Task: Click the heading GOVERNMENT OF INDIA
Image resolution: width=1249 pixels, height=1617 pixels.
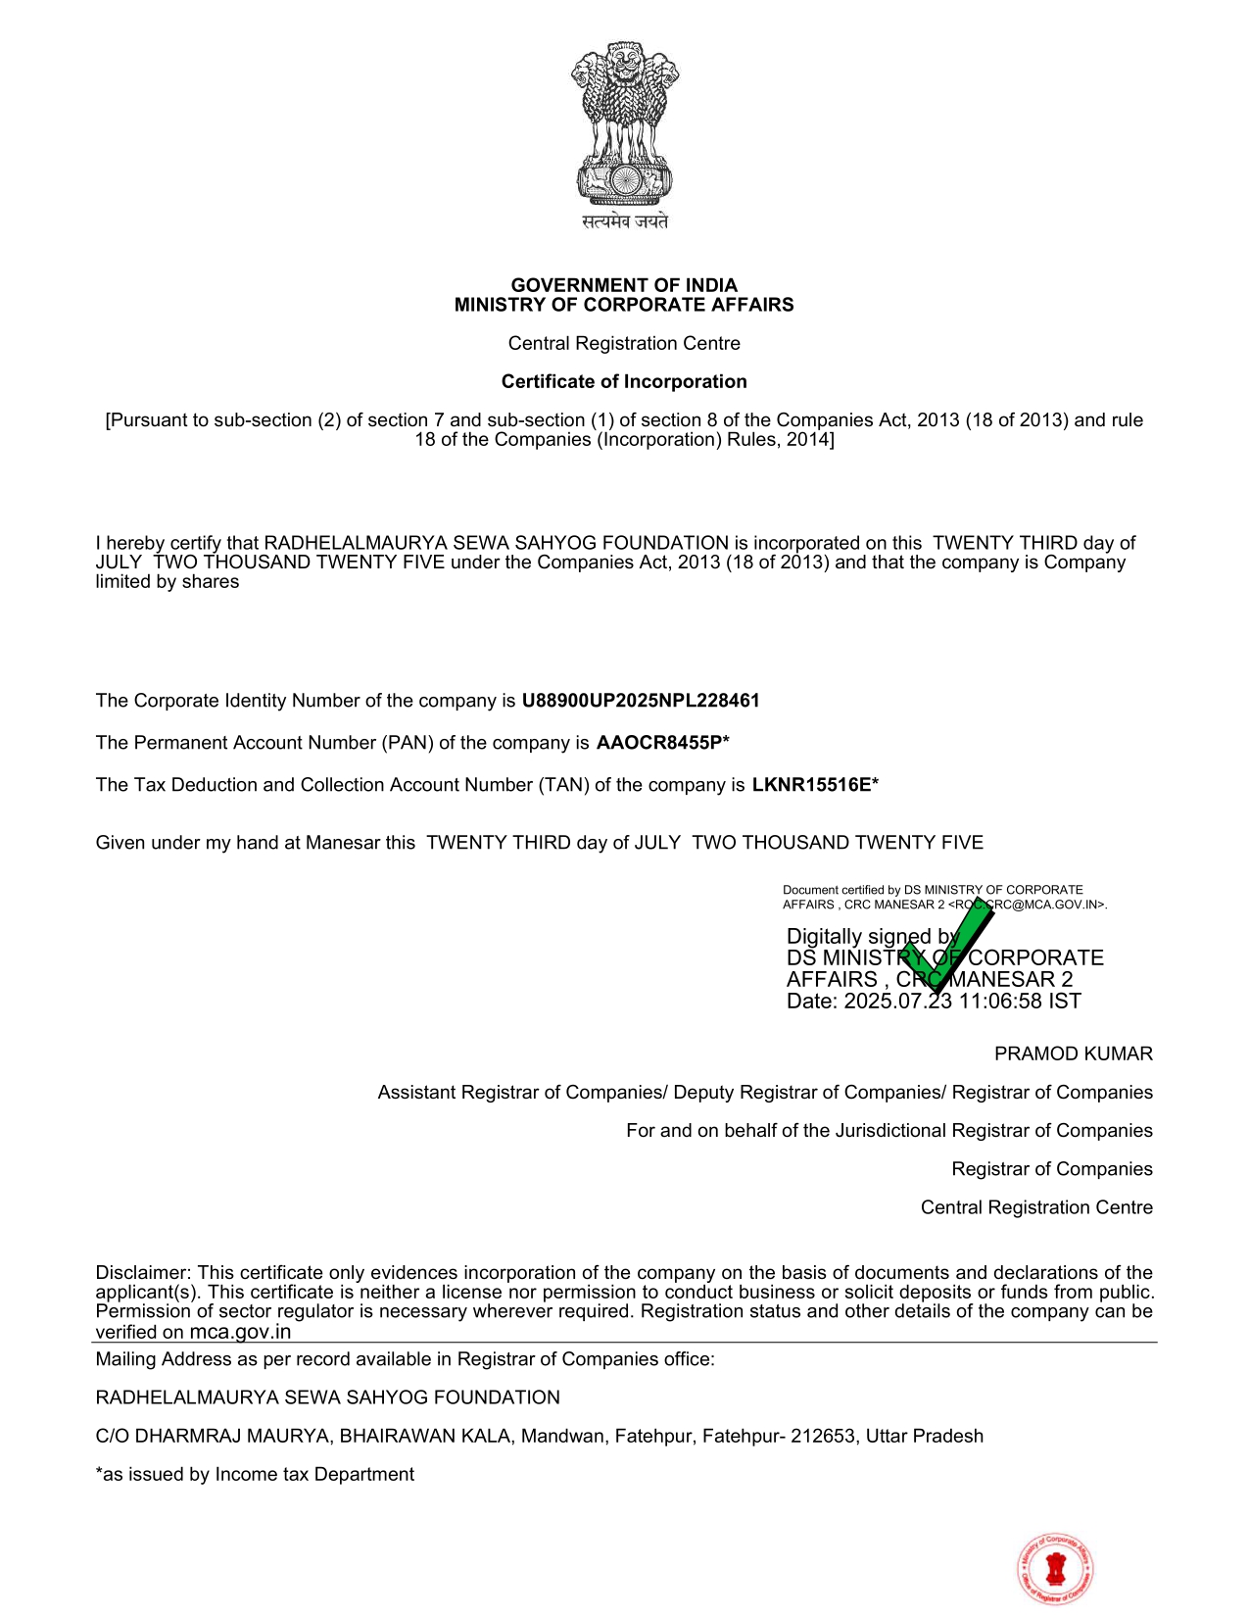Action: click(624, 285)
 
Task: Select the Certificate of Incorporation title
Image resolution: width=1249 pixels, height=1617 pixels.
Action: click(624, 381)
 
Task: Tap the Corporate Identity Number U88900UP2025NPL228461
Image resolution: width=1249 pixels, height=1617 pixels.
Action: click(641, 701)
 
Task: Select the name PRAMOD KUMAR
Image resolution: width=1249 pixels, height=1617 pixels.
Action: click(1073, 1053)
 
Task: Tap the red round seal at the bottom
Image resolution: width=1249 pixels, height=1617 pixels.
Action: click(1055, 1569)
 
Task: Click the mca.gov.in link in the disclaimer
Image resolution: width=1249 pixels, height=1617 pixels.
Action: click(240, 1332)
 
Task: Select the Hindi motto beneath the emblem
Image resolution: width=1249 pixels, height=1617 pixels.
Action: click(625, 221)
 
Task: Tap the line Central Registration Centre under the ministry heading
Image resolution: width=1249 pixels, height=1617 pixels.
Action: click(624, 343)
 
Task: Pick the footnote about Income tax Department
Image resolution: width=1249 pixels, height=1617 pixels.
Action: click(255, 1474)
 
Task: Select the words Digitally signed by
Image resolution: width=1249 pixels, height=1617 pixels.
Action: click(872, 936)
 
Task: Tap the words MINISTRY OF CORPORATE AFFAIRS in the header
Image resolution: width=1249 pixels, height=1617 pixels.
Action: click(624, 305)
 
